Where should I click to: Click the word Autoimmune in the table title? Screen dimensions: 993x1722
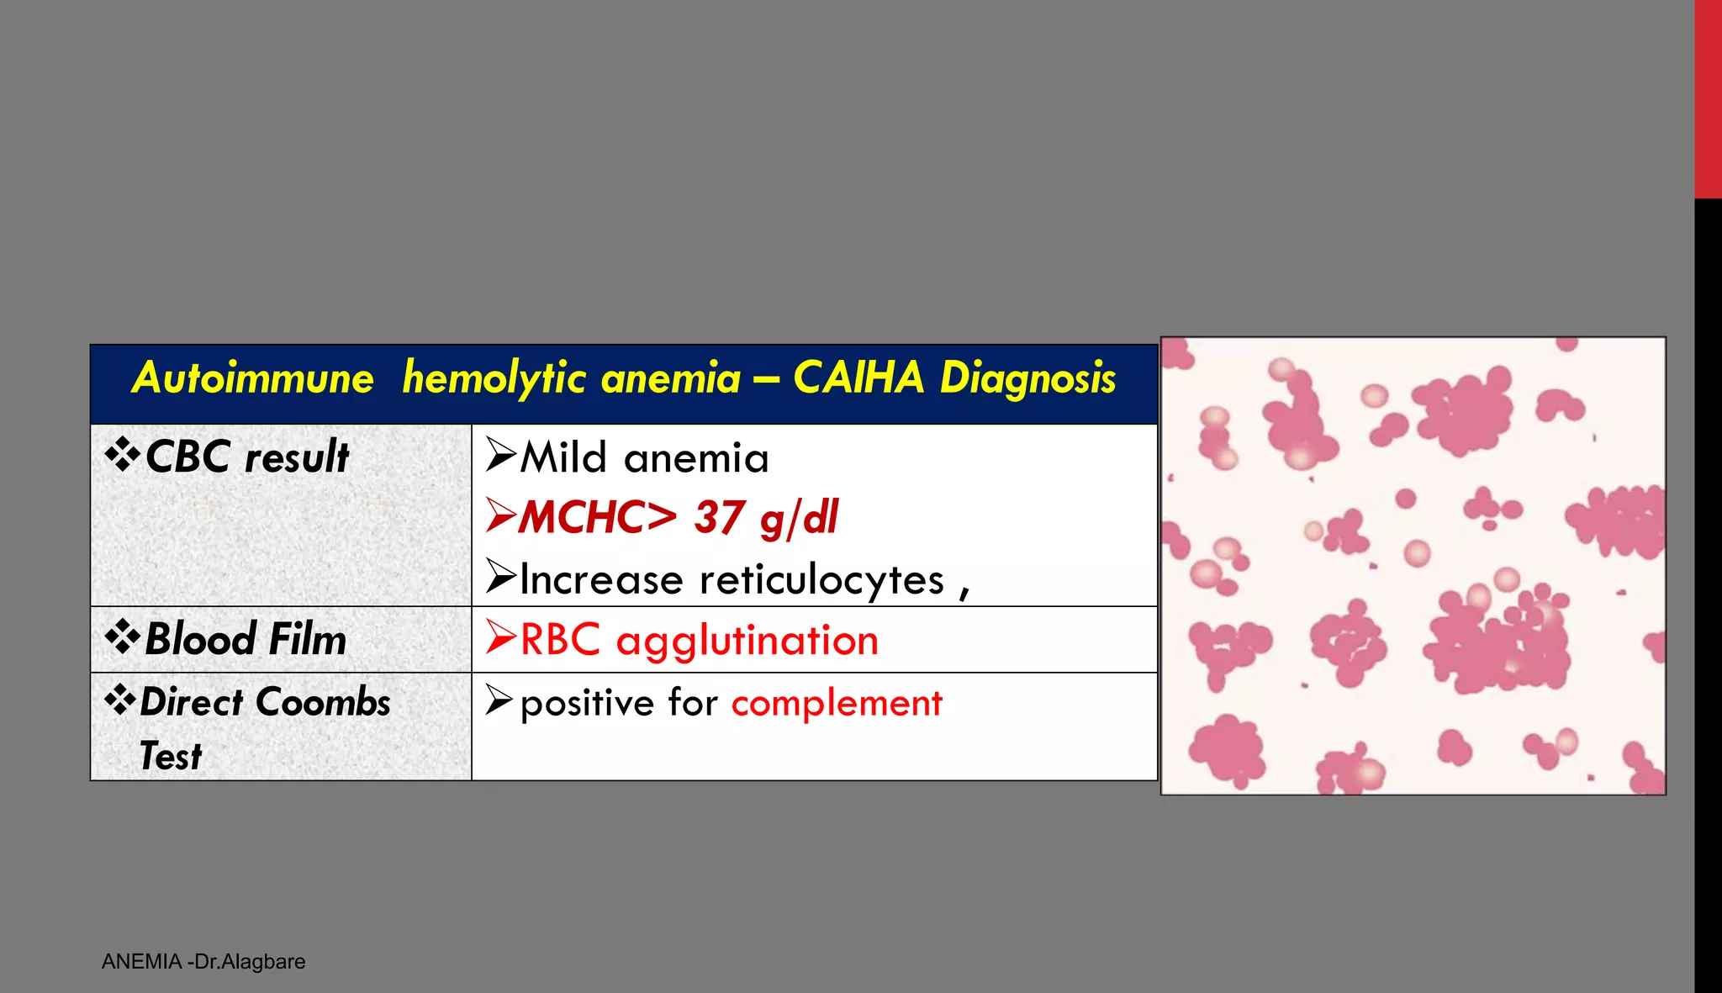click(253, 378)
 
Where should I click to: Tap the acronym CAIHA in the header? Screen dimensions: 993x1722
click(858, 378)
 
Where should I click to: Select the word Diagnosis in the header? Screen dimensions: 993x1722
click(1027, 378)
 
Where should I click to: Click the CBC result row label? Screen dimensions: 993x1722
click(246, 457)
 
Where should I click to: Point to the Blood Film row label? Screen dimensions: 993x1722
click(245, 639)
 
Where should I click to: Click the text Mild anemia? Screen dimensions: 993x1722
click(644, 458)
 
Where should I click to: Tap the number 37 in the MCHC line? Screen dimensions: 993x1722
click(720, 517)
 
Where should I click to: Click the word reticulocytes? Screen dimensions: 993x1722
click(821, 579)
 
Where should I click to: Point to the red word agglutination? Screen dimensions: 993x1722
click(747, 641)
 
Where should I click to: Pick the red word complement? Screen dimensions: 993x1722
click(837, 703)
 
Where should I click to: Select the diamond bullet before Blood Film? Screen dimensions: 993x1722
click(123, 637)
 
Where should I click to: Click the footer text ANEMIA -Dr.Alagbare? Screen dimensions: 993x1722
click(203, 962)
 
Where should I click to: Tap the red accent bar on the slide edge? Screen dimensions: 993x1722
click(1708, 99)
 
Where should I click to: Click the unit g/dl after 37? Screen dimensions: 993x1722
click(799, 518)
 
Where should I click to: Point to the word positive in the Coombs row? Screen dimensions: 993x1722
click(587, 703)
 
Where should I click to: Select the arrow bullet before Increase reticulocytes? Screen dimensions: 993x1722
click(500, 577)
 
